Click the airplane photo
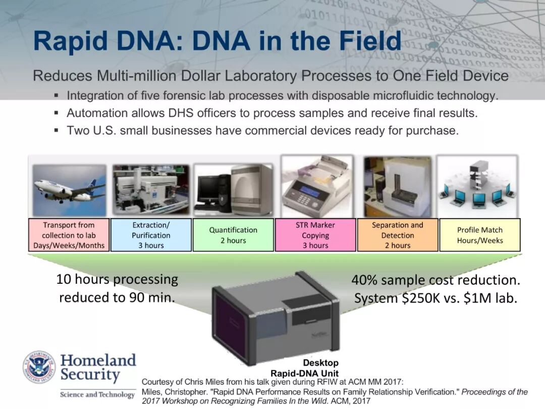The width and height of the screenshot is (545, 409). [x=69, y=190]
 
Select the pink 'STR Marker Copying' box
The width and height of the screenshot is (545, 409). [x=315, y=235]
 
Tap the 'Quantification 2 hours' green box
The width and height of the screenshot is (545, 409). [x=233, y=235]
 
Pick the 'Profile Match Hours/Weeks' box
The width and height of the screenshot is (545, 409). [x=480, y=235]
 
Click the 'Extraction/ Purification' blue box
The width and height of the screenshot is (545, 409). [x=151, y=235]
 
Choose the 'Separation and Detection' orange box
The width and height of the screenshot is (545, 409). [x=398, y=235]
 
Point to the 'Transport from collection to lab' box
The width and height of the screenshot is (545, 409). [x=69, y=235]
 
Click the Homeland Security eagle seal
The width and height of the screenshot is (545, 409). [x=39, y=367]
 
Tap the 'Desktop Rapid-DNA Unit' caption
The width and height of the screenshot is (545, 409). [x=304, y=368]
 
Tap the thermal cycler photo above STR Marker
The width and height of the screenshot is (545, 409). [x=316, y=186]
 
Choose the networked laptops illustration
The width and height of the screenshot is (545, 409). [x=477, y=186]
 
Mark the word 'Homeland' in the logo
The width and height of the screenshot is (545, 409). [x=98, y=361]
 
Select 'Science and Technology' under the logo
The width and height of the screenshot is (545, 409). [x=97, y=394]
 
